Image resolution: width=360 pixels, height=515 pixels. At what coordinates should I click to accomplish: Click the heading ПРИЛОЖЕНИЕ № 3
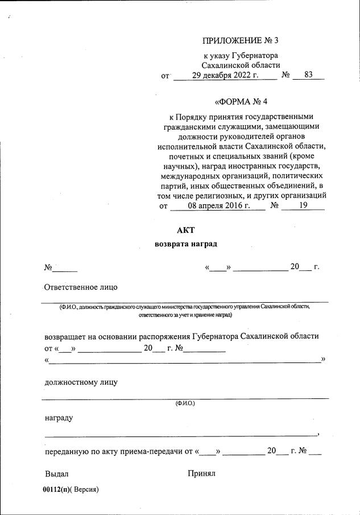pyautogui.click(x=241, y=40)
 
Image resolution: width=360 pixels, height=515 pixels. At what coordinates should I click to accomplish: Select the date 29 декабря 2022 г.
pyautogui.click(x=225, y=75)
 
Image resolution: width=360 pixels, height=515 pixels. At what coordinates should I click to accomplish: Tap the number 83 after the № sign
pyautogui.click(x=309, y=75)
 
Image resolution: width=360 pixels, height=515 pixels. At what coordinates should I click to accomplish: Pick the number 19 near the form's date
pyautogui.click(x=303, y=206)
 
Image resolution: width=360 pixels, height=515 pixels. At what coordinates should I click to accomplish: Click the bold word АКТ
pyautogui.click(x=186, y=230)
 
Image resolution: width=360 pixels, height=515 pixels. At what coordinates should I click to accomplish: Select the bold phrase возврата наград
pyautogui.click(x=186, y=244)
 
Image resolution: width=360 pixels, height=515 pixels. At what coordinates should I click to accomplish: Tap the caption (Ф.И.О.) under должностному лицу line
pyautogui.click(x=185, y=403)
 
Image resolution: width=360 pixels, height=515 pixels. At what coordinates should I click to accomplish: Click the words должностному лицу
pyautogui.click(x=81, y=382)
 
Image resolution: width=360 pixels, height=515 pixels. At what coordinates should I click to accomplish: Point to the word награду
pyautogui.click(x=59, y=418)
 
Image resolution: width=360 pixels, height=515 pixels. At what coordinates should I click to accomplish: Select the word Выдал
pyautogui.click(x=56, y=473)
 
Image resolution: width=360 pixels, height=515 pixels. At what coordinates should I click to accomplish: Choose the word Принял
pyautogui.click(x=201, y=473)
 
